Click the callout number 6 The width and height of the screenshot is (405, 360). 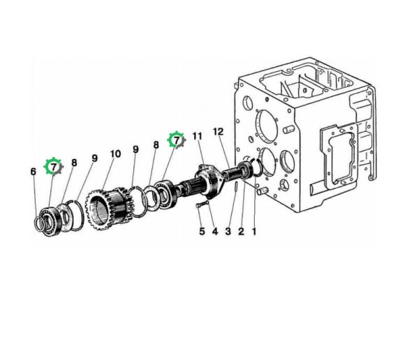coord(34,172)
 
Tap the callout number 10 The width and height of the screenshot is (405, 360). coord(115,153)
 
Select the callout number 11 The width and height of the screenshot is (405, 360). coord(198,136)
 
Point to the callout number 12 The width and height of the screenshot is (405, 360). coord(219,132)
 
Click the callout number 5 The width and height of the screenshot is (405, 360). coord(202,231)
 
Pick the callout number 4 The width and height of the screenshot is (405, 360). coord(215,231)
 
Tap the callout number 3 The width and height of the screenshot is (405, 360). coord(228,231)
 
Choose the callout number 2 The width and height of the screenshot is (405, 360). coord(241,231)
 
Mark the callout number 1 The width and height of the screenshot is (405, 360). coord(254,231)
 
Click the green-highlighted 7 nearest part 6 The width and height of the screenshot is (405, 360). coord(54,167)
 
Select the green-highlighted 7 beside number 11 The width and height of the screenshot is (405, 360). coord(177,140)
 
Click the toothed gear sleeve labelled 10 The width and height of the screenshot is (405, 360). coord(110,208)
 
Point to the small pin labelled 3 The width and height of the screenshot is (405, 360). coord(237,186)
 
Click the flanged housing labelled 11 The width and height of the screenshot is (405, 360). coord(209,181)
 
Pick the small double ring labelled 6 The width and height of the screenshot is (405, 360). coord(40,223)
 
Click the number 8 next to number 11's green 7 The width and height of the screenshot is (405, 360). coord(156,145)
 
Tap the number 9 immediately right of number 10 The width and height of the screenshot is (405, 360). coord(135,149)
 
